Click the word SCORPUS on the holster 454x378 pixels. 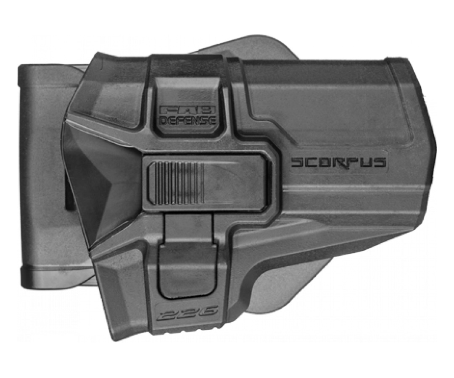pyautogui.click(x=338, y=163)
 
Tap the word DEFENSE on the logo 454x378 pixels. pyautogui.click(x=188, y=120)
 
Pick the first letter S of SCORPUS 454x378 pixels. pyautogui.click(x=297, y=163)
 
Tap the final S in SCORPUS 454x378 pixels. pyautogui.click(x=380, y=163)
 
